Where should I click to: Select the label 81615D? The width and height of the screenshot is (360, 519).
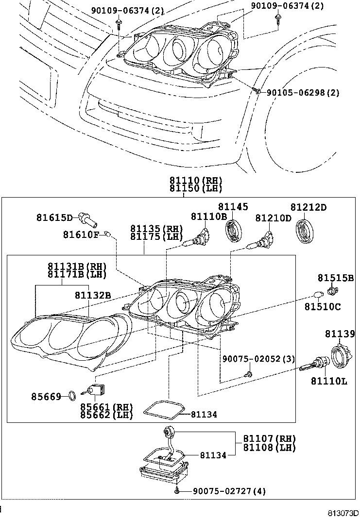pos(54,218)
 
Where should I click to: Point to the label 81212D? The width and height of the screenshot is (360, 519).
pos(309,208)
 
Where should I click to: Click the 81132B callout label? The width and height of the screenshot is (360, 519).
pos(93,295)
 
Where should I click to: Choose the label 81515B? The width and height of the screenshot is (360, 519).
pos(336,278)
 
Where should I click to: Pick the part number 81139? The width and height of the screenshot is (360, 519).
pos(340,334)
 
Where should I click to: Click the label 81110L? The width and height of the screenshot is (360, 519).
pos(329,381)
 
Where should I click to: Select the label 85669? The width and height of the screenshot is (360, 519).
pos(47,397)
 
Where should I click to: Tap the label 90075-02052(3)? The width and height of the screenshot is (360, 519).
pos(258,359)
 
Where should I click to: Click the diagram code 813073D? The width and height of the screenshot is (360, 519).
pos(342,513)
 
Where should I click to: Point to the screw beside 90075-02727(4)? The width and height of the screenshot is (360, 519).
pos(178,491)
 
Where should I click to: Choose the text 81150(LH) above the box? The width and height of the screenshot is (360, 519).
pos(196,188)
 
